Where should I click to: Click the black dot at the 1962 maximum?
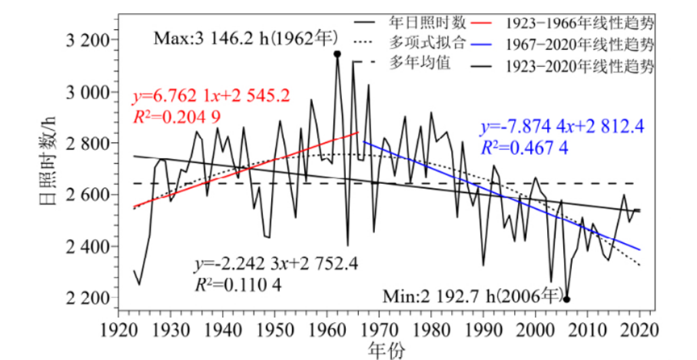pyautogui.click(x=337, y=54)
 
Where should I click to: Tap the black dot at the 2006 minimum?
pyautogui.click(x=567, y=299)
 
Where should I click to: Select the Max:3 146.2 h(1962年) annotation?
pyautogui.click(x=243, y=36)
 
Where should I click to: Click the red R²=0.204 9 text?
pyautogui.click(x=176, y=118)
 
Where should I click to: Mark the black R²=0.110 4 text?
pyautogui.click(x=239, y=284)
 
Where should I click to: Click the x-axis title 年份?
pyautogui.click(x=380, y=350)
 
